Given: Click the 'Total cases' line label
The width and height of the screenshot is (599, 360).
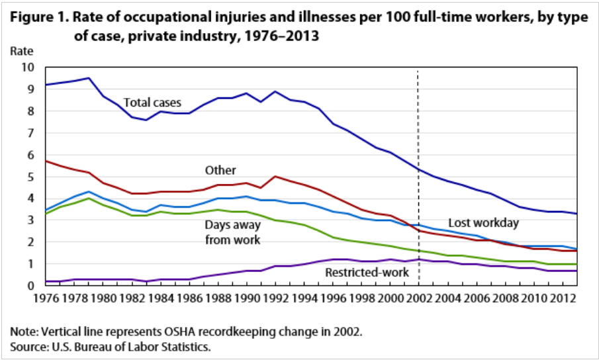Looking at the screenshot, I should [x=153, y=103].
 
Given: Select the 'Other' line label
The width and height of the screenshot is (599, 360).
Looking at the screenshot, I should [x=220, y=171].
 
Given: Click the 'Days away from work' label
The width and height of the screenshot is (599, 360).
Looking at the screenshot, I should [x=232, y=232].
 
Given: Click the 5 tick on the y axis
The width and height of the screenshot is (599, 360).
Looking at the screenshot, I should [x=29, y=177].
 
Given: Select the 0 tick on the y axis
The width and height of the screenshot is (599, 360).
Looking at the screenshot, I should [x=29, y=286].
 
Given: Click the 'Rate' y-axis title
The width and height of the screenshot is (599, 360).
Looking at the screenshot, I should [x=21, y=50].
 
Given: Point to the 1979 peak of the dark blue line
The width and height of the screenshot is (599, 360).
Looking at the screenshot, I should [x=89, y=78].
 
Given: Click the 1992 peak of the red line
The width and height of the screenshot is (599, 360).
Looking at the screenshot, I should [x=275, y=177].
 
